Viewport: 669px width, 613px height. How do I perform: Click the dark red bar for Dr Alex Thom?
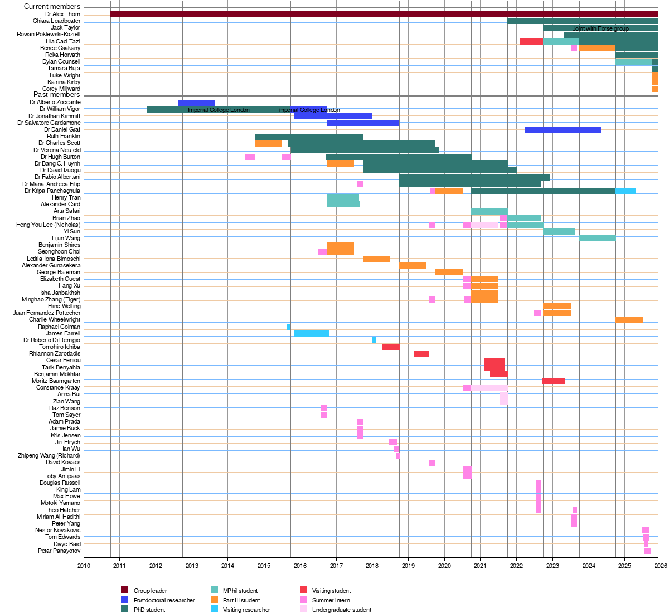pyautogui.click(x=384, y=14)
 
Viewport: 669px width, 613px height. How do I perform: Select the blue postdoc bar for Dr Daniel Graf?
pyautogui.click(x=563, y=130)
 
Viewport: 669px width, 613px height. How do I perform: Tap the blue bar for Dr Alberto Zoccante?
pyautogui.click(x=196, y=103)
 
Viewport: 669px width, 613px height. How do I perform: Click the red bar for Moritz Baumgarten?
pyautogui.click(x=553, y=381)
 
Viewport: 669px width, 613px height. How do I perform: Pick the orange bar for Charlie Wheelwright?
pyautogui.click(x=629, y=320)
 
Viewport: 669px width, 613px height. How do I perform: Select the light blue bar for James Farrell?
pyautogui.click(x=311, y=334)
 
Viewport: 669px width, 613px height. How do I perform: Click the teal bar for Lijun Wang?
pyautogui.click(x=597, y=239)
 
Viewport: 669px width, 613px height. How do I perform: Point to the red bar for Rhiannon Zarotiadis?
pyautogui.click(x=421, y=354)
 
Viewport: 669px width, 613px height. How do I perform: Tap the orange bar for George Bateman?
pyautogui.click(x=449, y=273)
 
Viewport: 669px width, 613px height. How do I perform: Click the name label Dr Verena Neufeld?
pyautogui.click(x=57, y=150)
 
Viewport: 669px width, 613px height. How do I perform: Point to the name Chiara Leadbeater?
pyautogui.click(x=56, y=21)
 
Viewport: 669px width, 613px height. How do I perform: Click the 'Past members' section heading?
pyautogui.click(x=57, y=95)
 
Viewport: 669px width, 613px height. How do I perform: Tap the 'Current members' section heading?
pyautogui.click(x=52, y=7)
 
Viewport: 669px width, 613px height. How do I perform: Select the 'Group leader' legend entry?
pyautogui.click(x=150, y=591)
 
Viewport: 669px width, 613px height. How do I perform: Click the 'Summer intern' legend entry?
pyautogui.click(x=331, y=600)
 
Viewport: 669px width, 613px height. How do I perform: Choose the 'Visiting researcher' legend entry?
pyautogui.click(x=246, y=610)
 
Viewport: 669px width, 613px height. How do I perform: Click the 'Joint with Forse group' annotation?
pyautogui.click(x=600, y=28)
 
